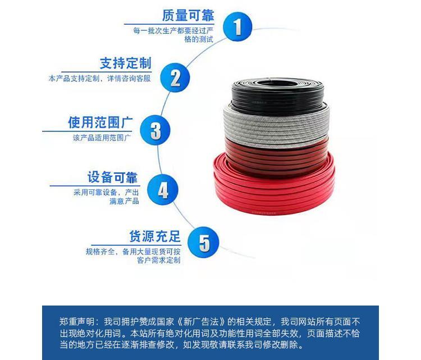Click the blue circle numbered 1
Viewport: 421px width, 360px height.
coord(237,26)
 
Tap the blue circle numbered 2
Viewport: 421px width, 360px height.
coord(175,78)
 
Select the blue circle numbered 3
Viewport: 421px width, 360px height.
coord(155,130)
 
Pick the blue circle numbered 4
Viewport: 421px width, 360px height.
coord(163,189)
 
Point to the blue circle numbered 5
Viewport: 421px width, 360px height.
coord(203,242)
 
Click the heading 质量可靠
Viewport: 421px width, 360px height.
coord(188,15)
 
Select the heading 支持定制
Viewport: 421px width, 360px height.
coord(126,63)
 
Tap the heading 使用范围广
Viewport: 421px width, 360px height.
coord(100,122)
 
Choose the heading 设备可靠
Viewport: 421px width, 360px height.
coord(112,177)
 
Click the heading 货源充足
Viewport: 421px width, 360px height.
coord(155,236)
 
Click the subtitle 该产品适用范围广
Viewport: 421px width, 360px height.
coord(102,138)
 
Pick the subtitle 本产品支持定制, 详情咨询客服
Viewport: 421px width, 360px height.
coord(99,79)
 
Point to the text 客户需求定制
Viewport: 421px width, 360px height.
coord(159,260)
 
